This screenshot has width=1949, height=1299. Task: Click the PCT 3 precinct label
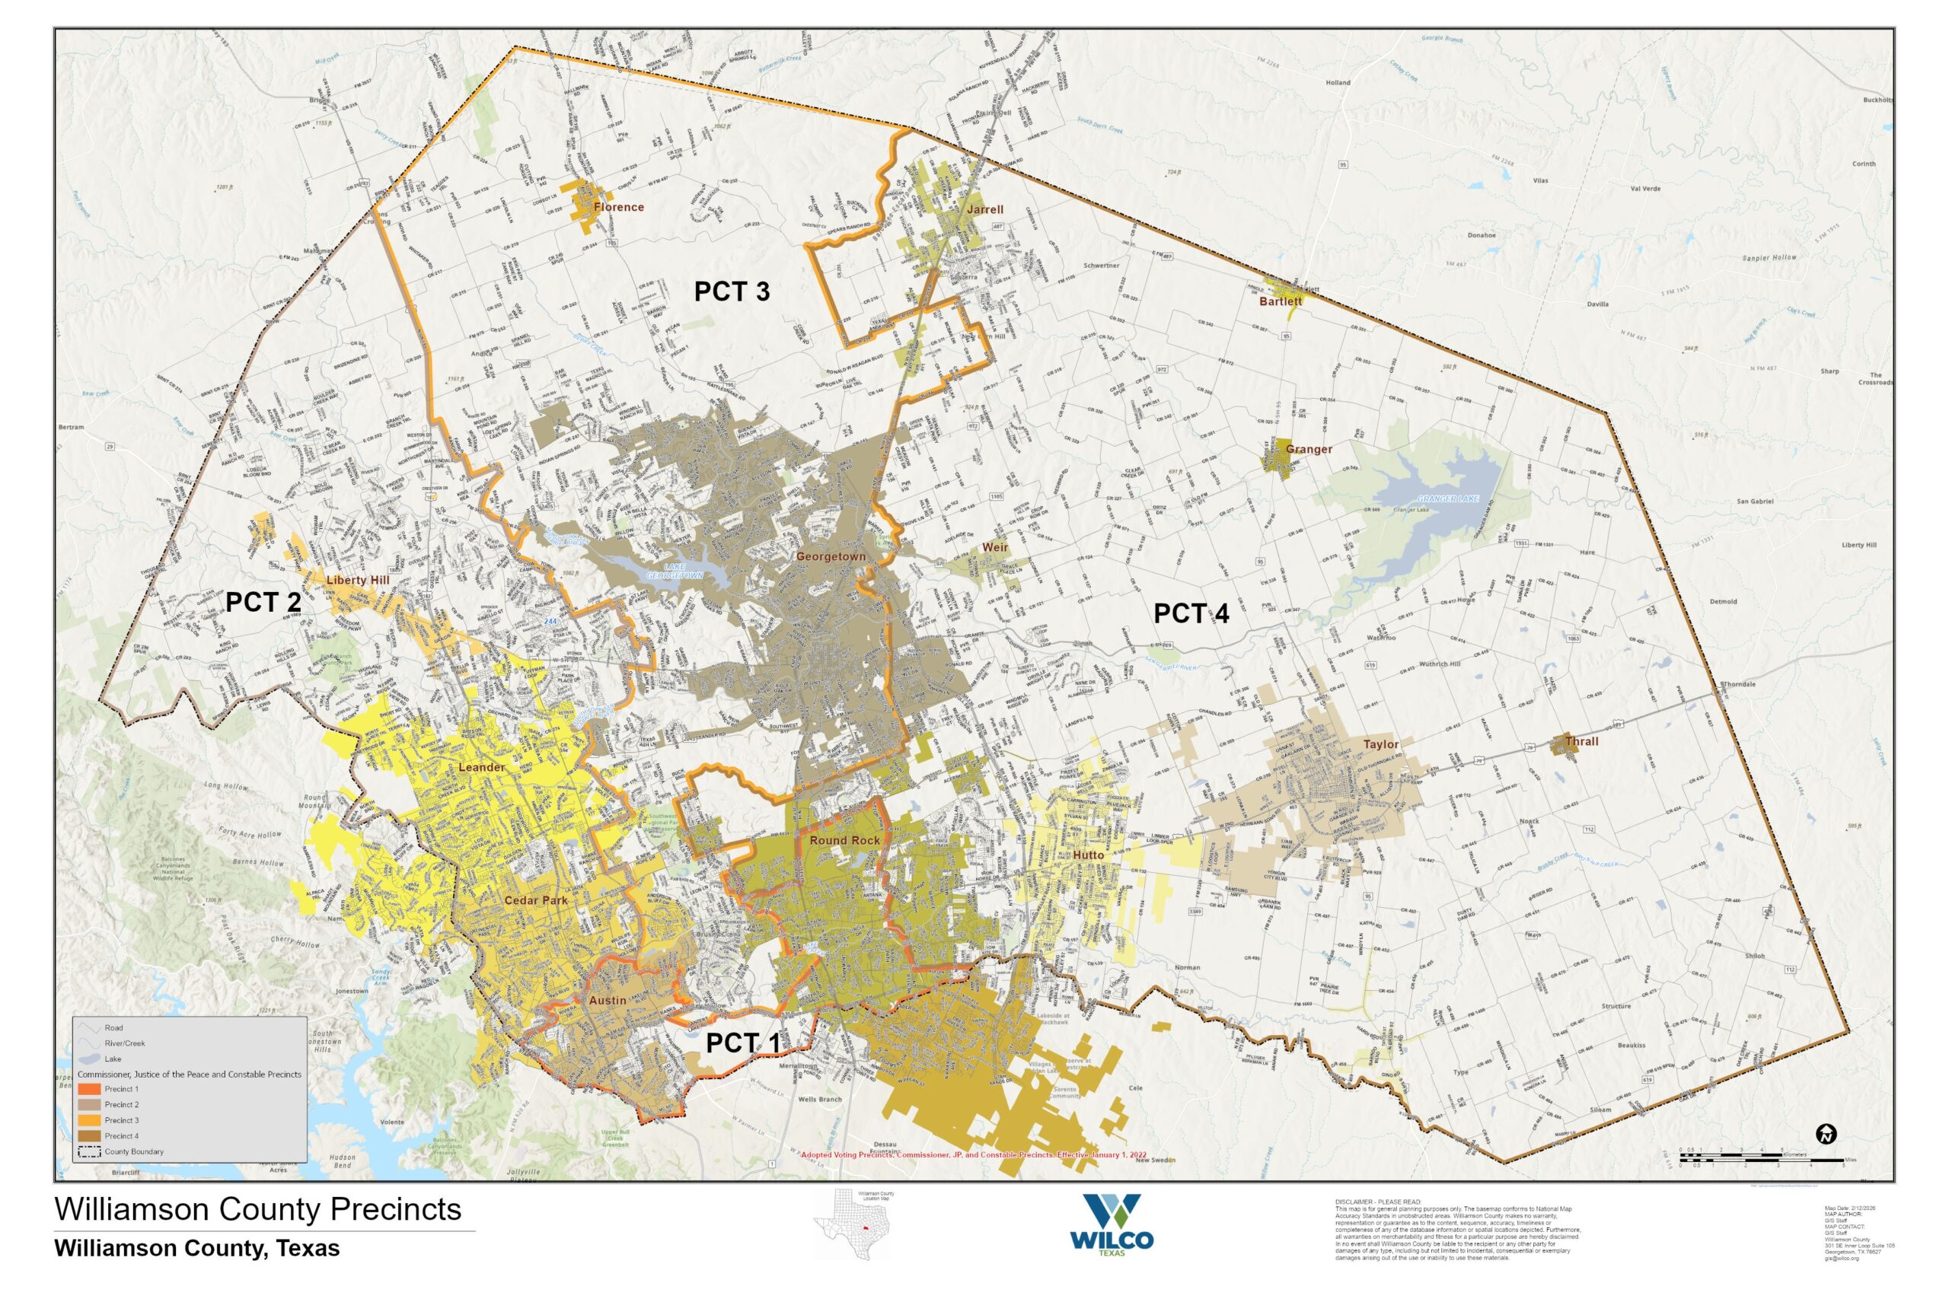pyautogui.click(x=732, y=291)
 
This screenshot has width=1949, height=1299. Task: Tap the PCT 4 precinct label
pyautogui.click(x=1191, y=613)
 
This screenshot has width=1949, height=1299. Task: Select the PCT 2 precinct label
pyautogui.click(x=263, y=602)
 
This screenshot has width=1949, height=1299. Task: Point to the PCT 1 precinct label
pyautogui.click(x=742, y=1044)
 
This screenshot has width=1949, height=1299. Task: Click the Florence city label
pyautogui.click(x=618, y=207)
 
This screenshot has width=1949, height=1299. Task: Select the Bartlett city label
pyautogui.click(x=1281, y=301)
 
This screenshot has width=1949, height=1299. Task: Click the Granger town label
pyautogui.click(x=1309, y=449)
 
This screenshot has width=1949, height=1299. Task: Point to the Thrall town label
pyautogui.click(x=1581, y=741)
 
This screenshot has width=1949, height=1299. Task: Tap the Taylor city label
pyautogui.click(x=1380, y=744)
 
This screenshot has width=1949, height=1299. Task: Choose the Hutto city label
pyautogui.click(x=1088, y=855)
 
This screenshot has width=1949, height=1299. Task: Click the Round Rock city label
pyautogui.click(x=844, y=840)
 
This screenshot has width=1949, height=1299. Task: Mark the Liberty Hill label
pyautogui.click(x=357, y=580)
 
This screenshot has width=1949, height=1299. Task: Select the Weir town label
pyautogui.click(x=995, y=548)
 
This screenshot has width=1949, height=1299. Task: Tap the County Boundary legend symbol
pyautogui.click(x=90, y=1151)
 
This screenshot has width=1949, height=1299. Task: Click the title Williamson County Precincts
pyautogui.click(x=258, y=1209)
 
